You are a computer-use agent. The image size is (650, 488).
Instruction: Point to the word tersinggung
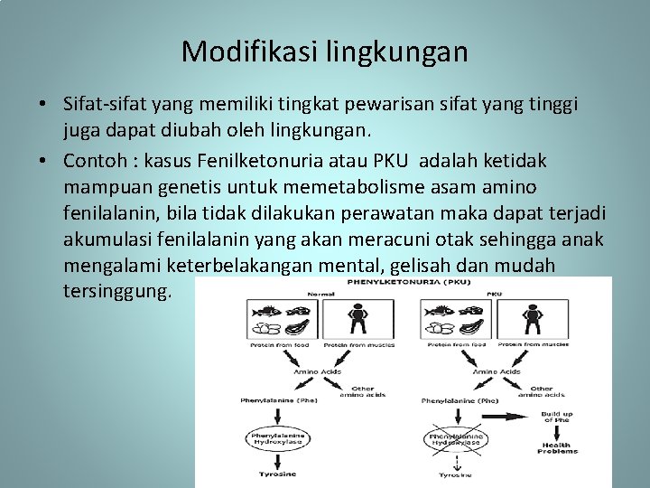116,293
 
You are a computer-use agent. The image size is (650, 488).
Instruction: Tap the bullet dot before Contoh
42,160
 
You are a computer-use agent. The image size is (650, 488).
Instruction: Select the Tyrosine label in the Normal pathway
277,474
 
